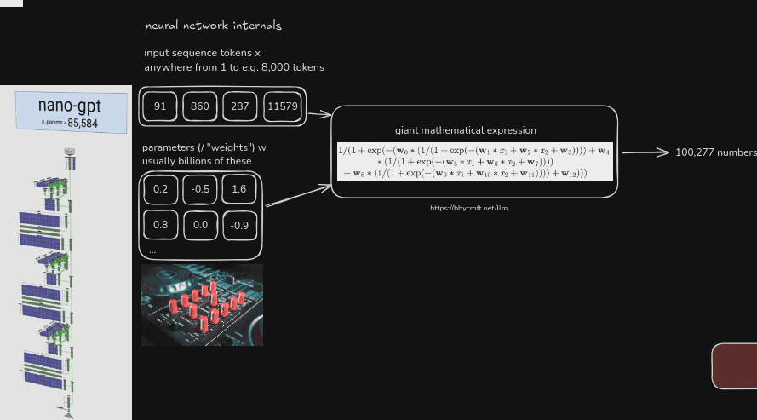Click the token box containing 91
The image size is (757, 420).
click(x=160, y=106)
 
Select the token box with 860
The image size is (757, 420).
click(x=200, y=106)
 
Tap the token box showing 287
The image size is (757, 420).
click(x=240, y=106)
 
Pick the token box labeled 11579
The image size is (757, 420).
click(x=282, y=106)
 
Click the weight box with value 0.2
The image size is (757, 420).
click(x=160, y=190)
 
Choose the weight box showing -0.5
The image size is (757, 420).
click(x=201, y=190)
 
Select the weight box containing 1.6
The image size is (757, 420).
click(x=239, y=190)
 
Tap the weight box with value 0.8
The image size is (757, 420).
click(x=160, y=225)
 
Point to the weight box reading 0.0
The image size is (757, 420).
click(x=201, y=225)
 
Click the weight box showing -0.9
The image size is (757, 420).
click(x=239, y=226)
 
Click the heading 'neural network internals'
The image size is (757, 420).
click(x=214, y=26)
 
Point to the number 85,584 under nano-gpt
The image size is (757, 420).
click(x=83, y=124)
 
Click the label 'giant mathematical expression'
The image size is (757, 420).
click(x=466, y=130)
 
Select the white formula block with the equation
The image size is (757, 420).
click(x=475, y=161)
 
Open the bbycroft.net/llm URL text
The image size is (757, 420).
click(x=462, y=208)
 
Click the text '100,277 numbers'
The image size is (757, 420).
click(x=715, y=152)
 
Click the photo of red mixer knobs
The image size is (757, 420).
click(x=202, y=304)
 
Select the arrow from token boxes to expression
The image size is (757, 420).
click(x=318, y=112)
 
